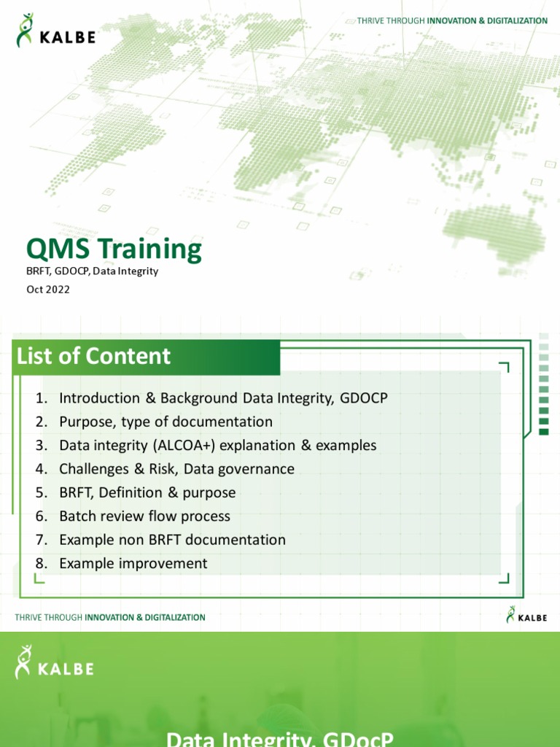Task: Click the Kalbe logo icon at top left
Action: click(x=26, y=30)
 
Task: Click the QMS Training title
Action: click(x=114, y=249)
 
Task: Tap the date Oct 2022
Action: click(x=48, y=289)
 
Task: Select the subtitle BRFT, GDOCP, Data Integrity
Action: click(x=92, y=271)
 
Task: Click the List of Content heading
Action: click(x=93, y=356)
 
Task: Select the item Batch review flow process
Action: click(x=144, y=516)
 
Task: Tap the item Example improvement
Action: click(x=133, y=563)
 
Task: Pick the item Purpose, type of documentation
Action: click(x=166, y=422)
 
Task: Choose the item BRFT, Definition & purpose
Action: click(x=147, y=492)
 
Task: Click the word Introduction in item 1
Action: click(x=100, y=398)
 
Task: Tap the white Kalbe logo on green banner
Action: click(x=55, y=662)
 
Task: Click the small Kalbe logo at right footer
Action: click(x=526, y=616)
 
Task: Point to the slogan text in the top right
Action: click(x=452, y=20)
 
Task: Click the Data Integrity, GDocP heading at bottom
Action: click(x=280, y=738)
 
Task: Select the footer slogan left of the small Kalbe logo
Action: click(x=110, y=617)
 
